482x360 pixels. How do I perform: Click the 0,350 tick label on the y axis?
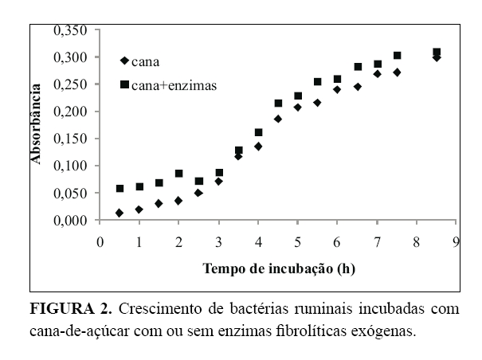point(71,30)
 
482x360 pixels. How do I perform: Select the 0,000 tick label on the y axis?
point(71,221)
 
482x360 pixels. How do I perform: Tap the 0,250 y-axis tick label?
point(71,84)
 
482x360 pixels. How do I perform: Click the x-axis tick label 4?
point(258,241)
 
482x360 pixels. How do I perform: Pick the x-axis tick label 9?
point(455,241)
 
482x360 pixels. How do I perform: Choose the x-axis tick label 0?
point(100,241)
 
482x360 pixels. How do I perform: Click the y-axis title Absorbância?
point(36,124)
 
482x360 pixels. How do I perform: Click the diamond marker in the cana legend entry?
point(123,61)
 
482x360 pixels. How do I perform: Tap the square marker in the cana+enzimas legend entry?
point(123,83)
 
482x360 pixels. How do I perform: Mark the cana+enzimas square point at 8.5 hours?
point(437,53)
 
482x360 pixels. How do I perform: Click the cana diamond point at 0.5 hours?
point(120,213)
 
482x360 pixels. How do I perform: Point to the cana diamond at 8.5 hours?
point(437,57)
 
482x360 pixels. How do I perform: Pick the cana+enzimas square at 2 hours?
point(179,174)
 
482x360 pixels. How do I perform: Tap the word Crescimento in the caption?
point(155,308)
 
